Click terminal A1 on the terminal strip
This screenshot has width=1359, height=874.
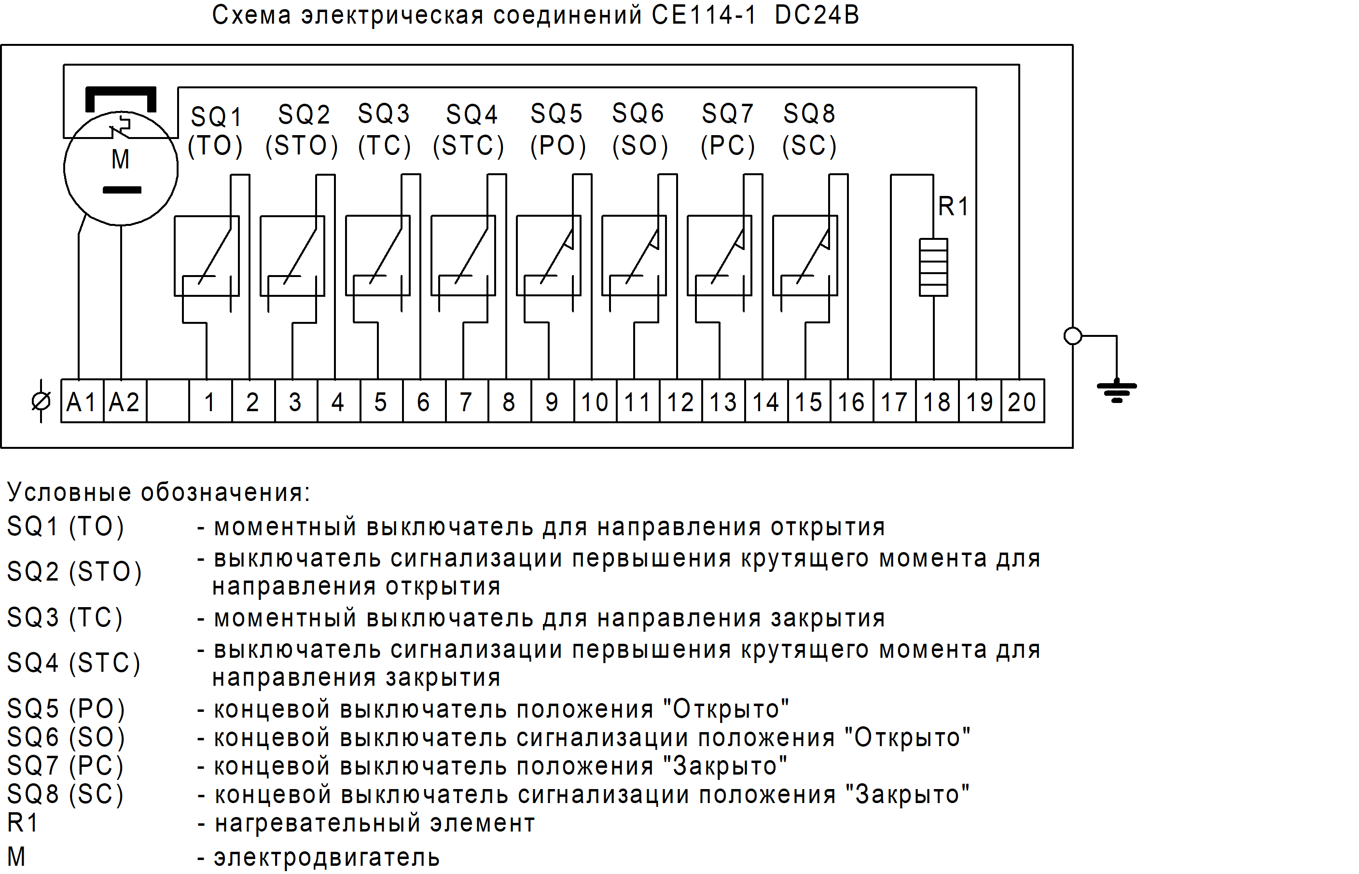82,402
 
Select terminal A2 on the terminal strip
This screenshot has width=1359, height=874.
124,402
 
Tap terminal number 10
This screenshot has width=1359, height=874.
595,402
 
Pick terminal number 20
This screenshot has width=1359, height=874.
1022,402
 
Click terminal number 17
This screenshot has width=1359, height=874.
894,402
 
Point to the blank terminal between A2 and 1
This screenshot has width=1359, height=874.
167,402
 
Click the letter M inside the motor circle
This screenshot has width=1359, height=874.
120,159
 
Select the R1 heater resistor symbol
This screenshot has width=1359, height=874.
933,267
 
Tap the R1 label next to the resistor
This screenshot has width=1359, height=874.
953,206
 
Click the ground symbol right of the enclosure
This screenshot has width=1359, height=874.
1117,390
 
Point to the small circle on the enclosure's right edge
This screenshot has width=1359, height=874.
1072,336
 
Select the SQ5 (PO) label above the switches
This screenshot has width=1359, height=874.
557,129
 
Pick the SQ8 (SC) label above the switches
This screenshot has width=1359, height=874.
809,129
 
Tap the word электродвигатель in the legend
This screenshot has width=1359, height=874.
326,858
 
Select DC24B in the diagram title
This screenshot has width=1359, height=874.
817,15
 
